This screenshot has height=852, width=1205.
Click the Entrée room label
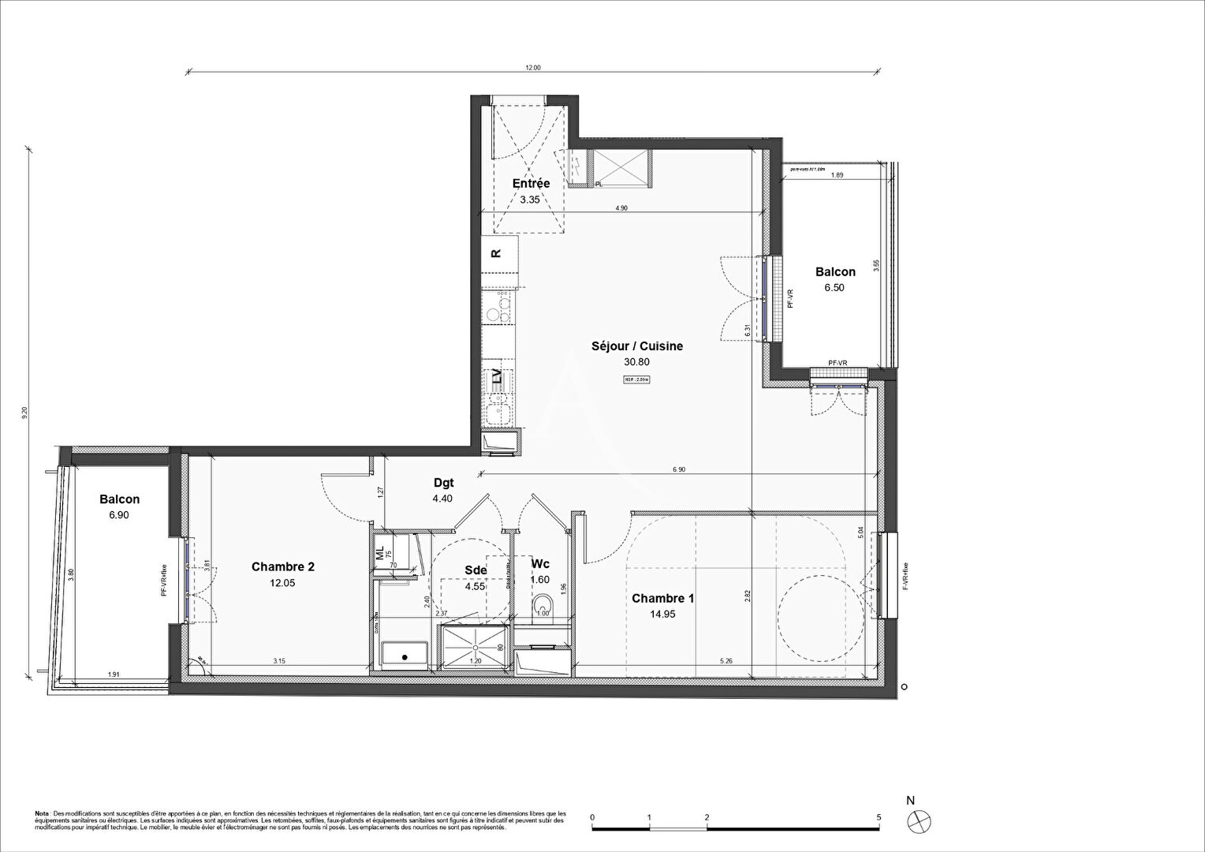tap(531, 183)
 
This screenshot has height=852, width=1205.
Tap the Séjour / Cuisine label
tap(637, 346)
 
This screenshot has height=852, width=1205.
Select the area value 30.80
tap(637, 362)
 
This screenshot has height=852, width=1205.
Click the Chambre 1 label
tap(663, 598)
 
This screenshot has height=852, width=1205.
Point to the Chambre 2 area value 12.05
tap(283, 583)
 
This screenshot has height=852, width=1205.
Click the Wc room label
tap(540, 563)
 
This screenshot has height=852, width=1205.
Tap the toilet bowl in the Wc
tap(542, 606)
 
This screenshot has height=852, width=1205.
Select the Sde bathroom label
tap(476, 570)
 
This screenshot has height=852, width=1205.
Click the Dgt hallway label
tap(443, 483)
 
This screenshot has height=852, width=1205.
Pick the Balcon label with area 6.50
tap(835, 272)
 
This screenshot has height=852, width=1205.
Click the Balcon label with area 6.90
tap(120, 499)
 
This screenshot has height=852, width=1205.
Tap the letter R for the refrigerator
tap(496, 253)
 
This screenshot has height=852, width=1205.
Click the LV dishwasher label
tap(496, 377)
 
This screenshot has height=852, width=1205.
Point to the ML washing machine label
tap(379, 553)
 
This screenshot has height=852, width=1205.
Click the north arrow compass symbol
tap(920, 820)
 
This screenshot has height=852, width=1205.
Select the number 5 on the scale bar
tap(879, 817)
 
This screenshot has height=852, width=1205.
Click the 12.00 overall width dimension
tap(533, 68)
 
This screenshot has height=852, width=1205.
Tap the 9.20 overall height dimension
tap(25, 412)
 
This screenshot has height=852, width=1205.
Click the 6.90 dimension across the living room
tap(678, 469)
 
